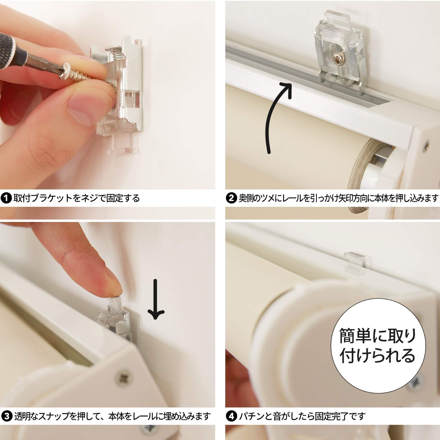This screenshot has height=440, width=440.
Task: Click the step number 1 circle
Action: (x=6, y=198)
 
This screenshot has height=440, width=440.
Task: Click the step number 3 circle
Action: (x=6, y=416)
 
